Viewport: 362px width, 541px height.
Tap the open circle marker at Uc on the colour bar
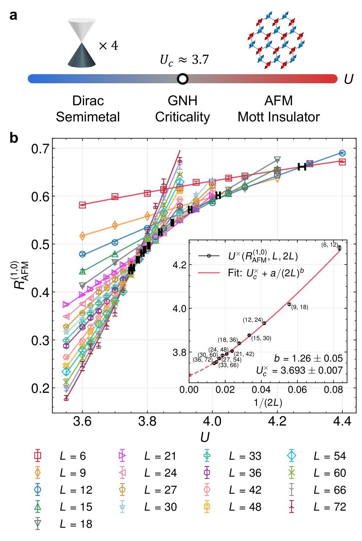pos(182,79)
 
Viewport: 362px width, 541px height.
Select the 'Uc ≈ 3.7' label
pos(184,60)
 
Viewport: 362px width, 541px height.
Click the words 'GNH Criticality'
pos(182,109)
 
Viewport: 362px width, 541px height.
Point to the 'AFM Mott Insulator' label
pos(278,109)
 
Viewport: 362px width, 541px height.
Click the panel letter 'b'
pos(13,138)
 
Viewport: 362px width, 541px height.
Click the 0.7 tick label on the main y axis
pos(40,148)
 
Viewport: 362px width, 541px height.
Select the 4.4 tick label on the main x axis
pos(342,421)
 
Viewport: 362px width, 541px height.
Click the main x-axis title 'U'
pos(205,437)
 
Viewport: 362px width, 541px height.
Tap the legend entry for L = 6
pos(62,456)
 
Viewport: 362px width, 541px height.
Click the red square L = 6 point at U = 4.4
pos(342,162)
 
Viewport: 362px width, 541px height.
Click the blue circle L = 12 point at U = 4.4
pos(342,153)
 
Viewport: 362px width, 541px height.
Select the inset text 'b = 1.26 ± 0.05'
pos(308,358)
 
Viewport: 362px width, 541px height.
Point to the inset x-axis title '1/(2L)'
pos(268,402)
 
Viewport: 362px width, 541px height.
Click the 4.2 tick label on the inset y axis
pos(180,265)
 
